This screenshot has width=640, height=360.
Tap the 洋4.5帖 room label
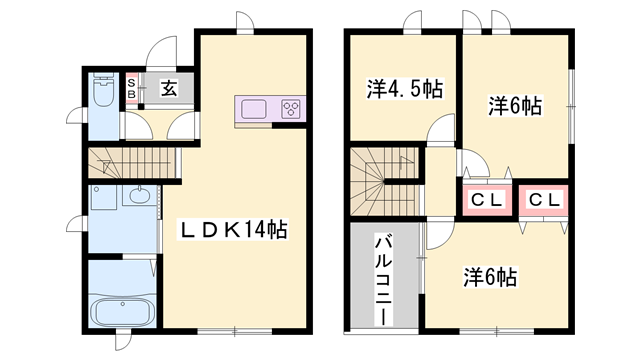(x=404, y=89)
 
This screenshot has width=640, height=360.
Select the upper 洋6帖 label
(x=515, y=105)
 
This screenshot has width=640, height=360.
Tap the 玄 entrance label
(x=169, y=88)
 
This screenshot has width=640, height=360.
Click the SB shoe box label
(x=131, y=86)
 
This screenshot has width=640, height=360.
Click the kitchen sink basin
(x=252, y=109)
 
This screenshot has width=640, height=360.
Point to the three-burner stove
(x=291, y=109)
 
